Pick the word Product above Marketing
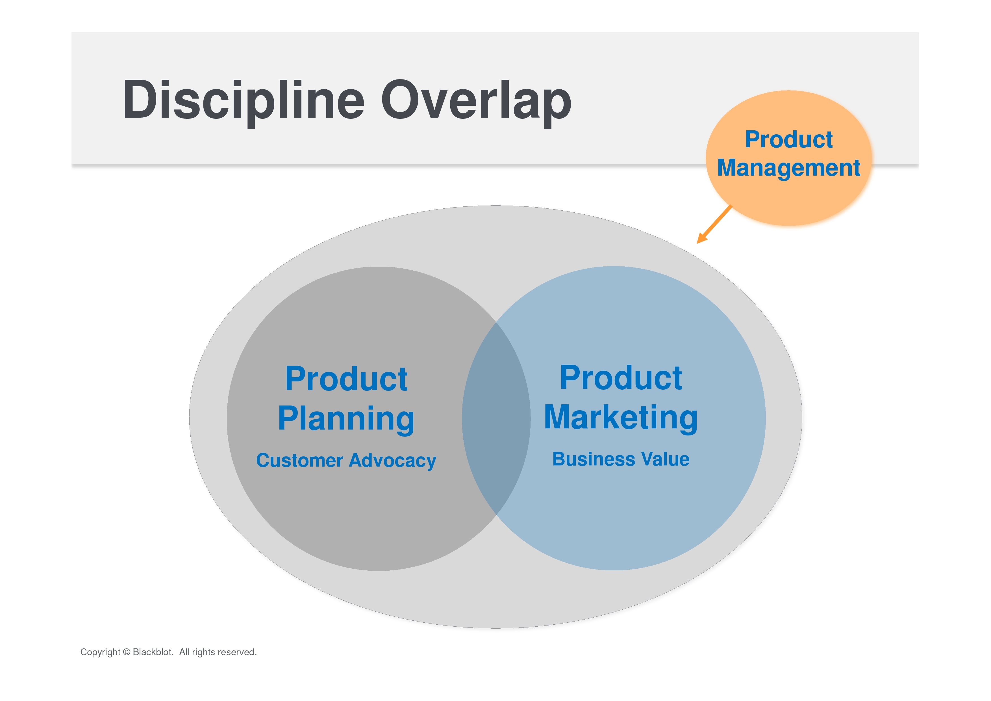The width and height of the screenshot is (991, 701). (621, 378)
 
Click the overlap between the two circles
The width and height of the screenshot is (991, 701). (496, 418)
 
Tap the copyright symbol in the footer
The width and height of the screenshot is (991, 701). (127, 652)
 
